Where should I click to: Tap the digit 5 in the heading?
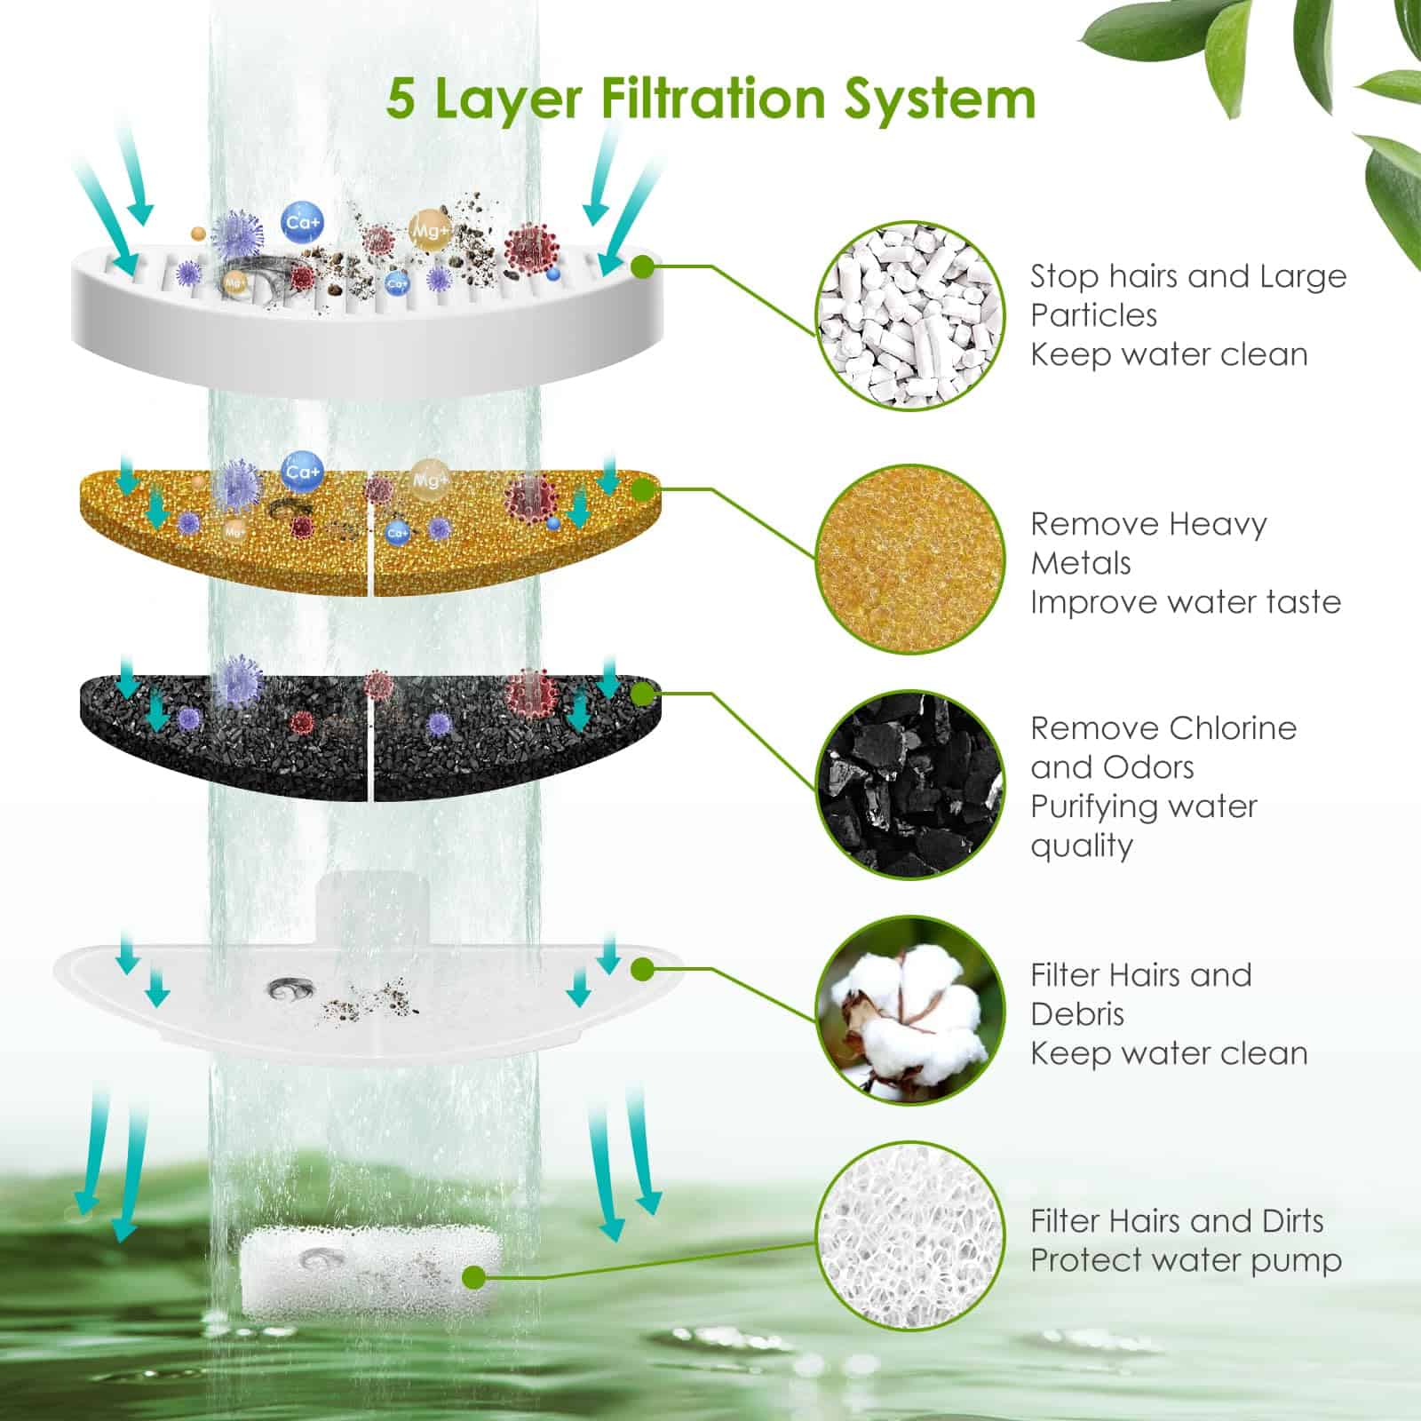(x=401, y=98)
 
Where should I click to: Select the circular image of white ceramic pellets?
(x=910, y=315)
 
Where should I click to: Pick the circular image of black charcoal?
(x=910, y=785)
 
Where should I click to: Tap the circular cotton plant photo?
(x=910, y=1010)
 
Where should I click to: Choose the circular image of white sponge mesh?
(x=910, y=1236)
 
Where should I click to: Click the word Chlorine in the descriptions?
(x=1229, y=728)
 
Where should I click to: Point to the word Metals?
(x=1081, y=563)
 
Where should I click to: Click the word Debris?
(x=1077, y=1014)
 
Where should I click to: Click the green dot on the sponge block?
(x=474, y=1278)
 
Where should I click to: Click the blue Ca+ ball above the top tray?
(x=303, y=222)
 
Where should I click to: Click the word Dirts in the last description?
(x=1292, y=1221)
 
